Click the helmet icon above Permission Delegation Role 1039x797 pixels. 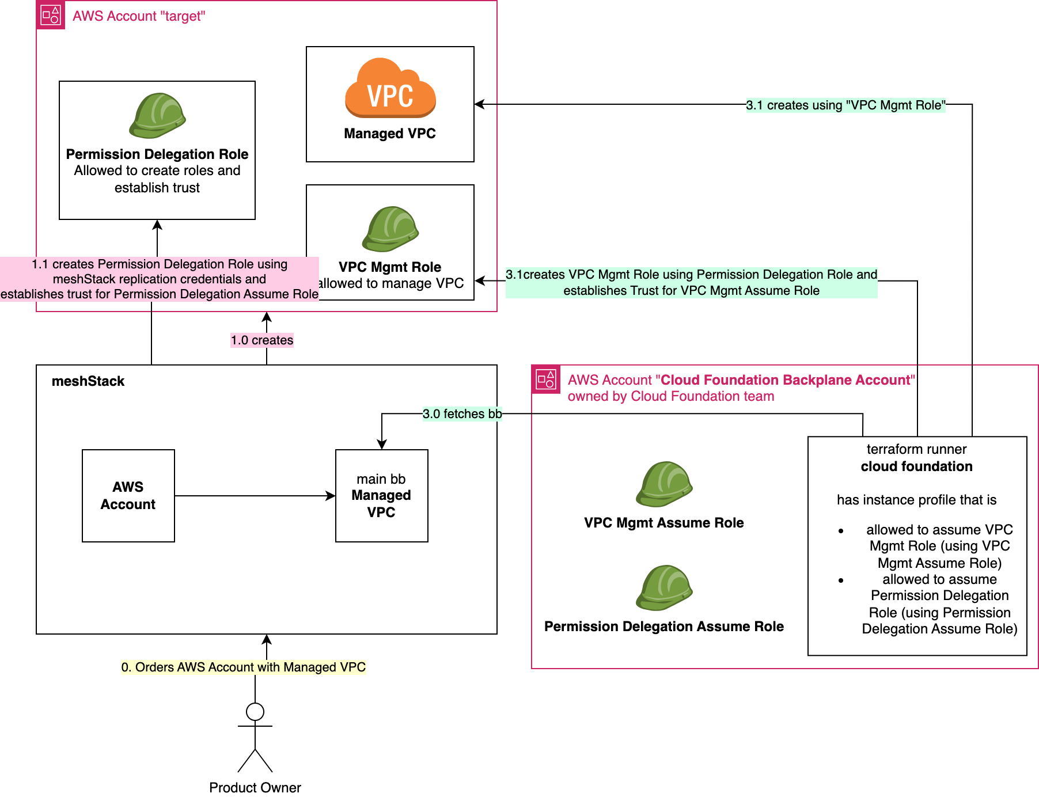pos(157,115)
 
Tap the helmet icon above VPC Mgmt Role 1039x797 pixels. pos(390,229)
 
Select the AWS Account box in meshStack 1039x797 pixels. pos(128,495)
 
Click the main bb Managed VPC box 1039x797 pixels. pos(381,495)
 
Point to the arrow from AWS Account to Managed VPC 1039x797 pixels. pos(253,496)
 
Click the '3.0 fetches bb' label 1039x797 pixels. pos(462,413)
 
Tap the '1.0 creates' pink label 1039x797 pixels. pos(262,340)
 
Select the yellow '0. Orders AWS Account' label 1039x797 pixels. pos(243,667)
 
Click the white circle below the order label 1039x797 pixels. pos(255,712)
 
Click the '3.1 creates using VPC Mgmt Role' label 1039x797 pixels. pos(845,105)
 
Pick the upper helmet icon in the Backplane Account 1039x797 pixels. pos(664,484)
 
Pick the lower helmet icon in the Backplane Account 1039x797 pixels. pos(664,587)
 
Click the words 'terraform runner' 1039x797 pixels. pos(916,449)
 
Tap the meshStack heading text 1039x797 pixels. pos(88,381)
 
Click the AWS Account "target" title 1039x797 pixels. pos(138,16)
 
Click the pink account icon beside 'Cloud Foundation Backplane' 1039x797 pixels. pos(545,379)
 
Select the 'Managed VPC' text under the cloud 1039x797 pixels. pos(389,134)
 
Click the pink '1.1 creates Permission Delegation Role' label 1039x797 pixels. pos(160,279)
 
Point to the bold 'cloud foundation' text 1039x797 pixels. pos(916,466)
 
